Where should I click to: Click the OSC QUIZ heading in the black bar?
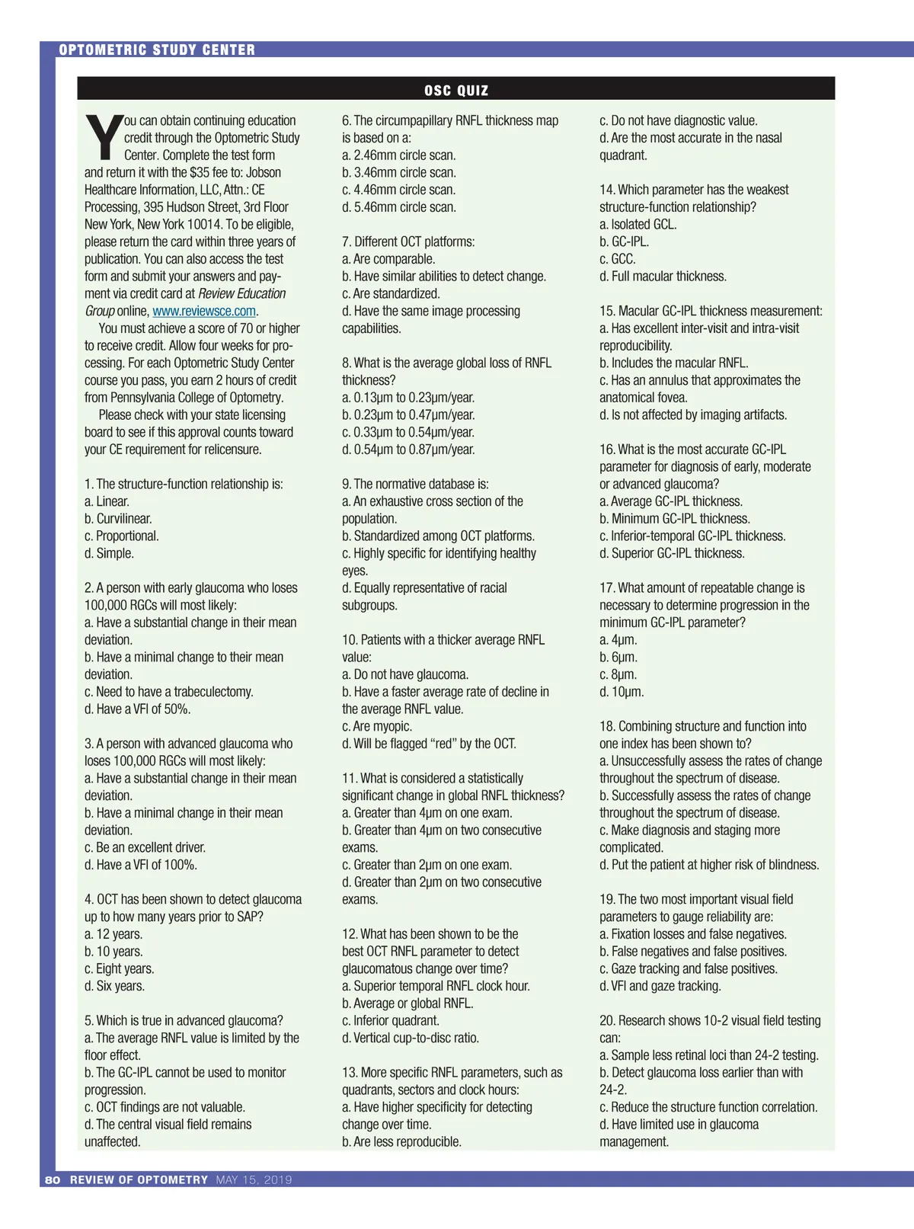(455, 90)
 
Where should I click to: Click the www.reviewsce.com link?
(204, 311)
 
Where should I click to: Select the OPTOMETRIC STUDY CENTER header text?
(157, 50)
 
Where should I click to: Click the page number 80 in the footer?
(53, 1179)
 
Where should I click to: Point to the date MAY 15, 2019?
(254, 1179)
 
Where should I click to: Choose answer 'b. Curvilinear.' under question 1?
(118, 519)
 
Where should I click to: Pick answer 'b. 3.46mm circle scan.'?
(399, 172)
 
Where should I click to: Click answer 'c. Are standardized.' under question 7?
(391, 293)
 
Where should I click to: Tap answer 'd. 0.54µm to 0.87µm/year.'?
(408, 450)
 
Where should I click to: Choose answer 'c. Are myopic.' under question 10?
(377, 726)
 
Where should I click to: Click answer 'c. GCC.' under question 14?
(617, 259)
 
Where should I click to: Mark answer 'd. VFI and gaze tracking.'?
(660, 986)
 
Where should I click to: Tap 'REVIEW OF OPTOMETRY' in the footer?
(139, 1179)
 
